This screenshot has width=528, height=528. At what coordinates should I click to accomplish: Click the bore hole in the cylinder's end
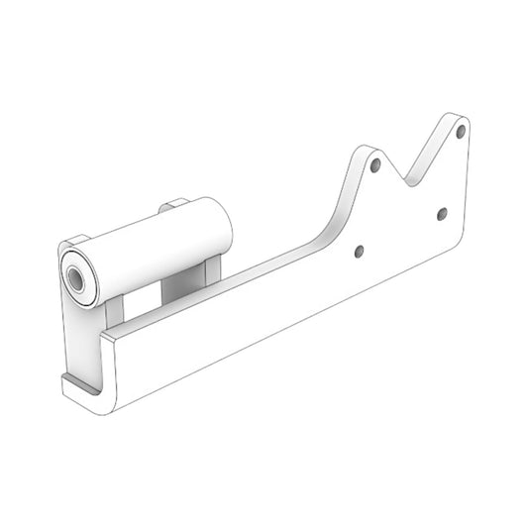coord(75,276)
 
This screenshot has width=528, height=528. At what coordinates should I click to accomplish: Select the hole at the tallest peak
coord(461,131)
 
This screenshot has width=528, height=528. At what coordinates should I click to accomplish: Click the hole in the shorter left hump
coord(375,166)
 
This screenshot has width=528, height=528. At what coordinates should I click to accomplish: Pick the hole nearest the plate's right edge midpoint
coord(442,213)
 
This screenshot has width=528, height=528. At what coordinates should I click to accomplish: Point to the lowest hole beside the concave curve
coord(359,251)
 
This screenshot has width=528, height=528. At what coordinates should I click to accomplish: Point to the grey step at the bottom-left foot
coord(81,384)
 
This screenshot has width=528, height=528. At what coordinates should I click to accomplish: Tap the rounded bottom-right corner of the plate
coord(462,244)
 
